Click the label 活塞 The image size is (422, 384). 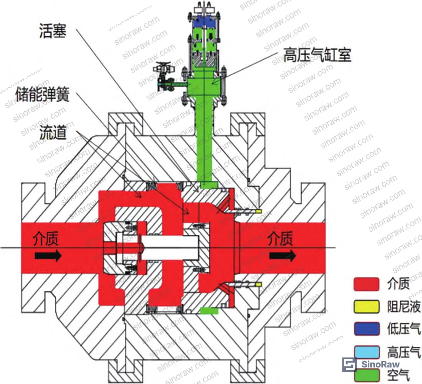point(53,31)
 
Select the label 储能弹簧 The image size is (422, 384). point(43,94)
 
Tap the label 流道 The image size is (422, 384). point(53,132)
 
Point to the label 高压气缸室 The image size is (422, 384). point(317,55)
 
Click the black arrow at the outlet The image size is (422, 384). point(283,255)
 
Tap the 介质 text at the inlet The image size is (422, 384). point(46,238)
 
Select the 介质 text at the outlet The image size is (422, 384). point(280,238)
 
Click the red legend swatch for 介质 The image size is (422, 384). point(367,284)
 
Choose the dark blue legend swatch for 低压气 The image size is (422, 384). point(367,329)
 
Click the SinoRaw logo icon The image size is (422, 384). point(350,364)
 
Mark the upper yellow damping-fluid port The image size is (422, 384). point(258,211)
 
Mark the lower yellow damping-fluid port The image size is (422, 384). point(258,284)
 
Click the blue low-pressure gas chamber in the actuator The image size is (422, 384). point(204,21)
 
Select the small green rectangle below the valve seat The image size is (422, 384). point(209,311)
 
